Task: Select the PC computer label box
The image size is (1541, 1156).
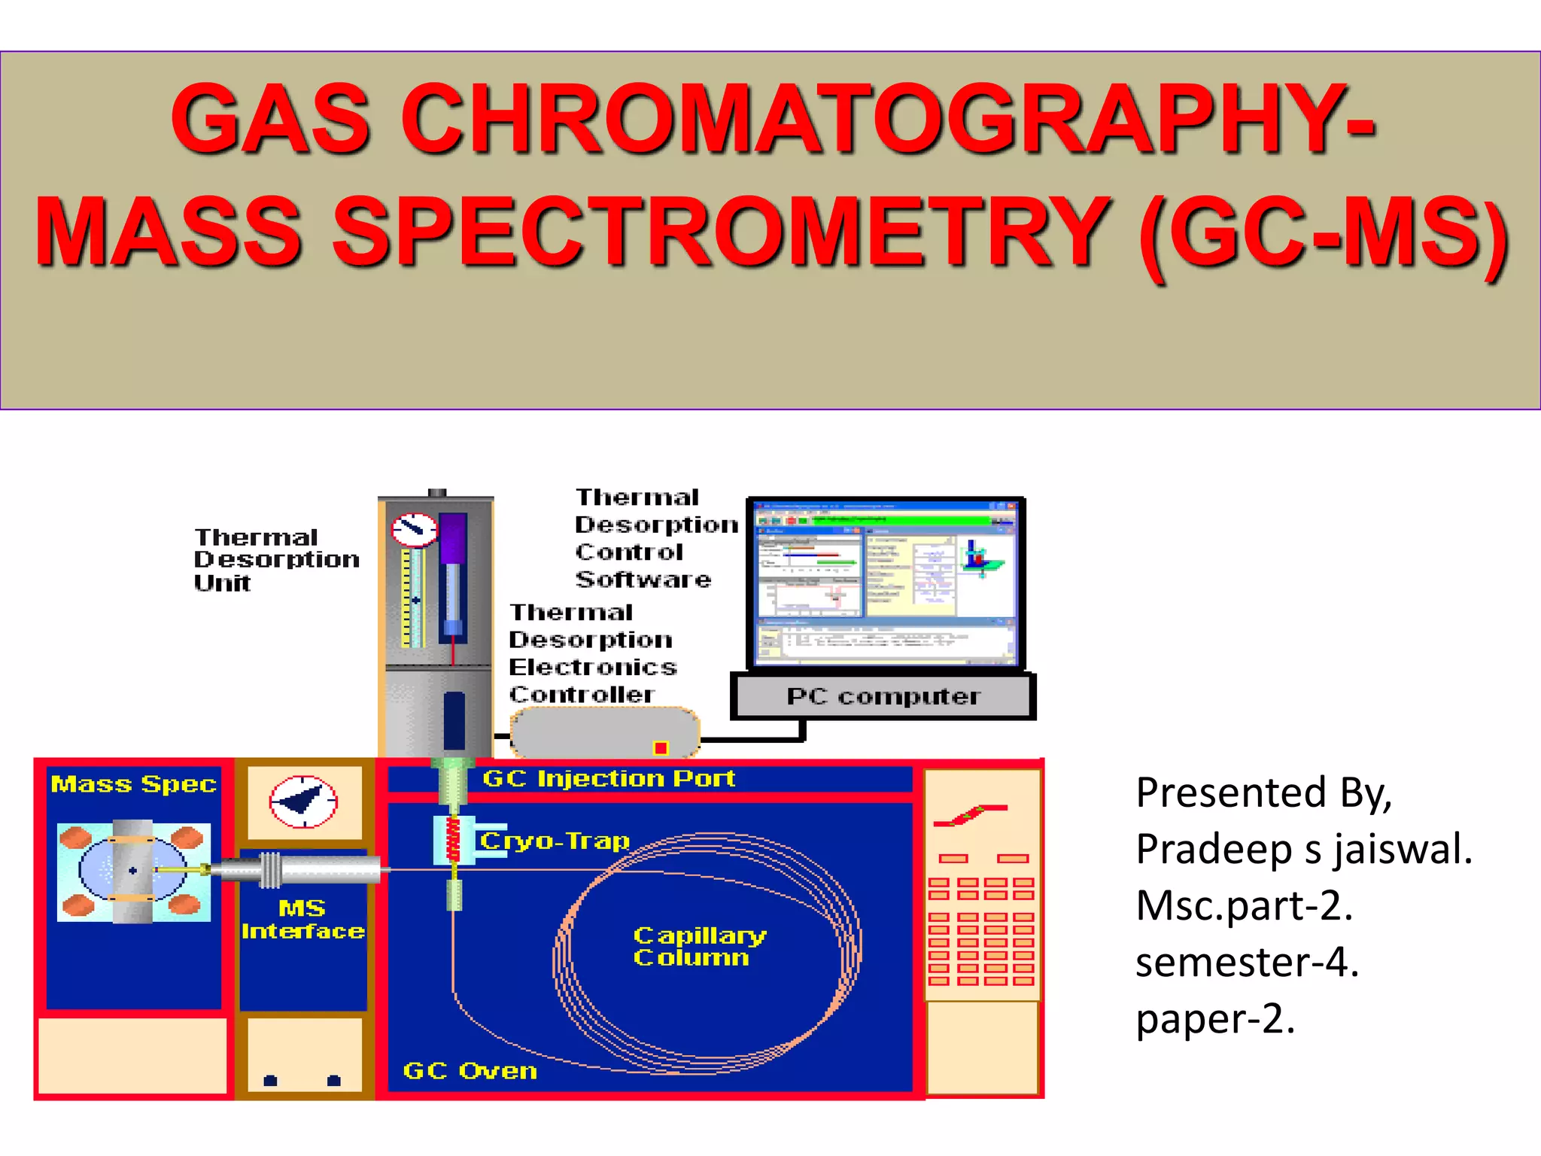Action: click(883, 696)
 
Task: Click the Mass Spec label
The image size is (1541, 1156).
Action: click(133, 784)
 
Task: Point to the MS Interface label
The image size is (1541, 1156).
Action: click(302, 920)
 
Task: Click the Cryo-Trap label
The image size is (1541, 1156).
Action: click(555, 841)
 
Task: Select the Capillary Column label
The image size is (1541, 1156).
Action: click(699, 946)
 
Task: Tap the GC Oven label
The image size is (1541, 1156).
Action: click(470, 1070)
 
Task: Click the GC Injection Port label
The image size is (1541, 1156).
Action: click(608, 778)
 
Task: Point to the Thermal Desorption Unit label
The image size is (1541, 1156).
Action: click(275, 559)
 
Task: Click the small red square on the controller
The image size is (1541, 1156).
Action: click(661, 747)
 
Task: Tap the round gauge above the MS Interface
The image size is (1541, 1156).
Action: click(303, 802)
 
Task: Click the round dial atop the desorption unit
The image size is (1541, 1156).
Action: click(414, 530)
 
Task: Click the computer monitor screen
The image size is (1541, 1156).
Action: click(886, 583)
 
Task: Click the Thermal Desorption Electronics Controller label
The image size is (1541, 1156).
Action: click(591, 653)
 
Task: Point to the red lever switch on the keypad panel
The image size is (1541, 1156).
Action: click(970, 815)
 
